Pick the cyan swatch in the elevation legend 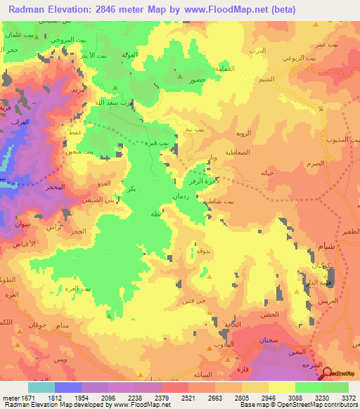tap(41, 387)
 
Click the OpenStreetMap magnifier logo tap(326, 372)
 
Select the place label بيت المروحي tap(62, 40)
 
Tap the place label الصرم tap(316, 163)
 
